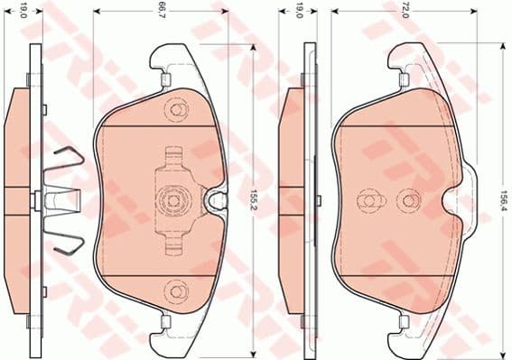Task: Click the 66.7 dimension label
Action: [160, 12]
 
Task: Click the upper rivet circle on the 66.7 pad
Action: [175, 109]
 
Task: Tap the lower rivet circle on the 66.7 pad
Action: [175, 290]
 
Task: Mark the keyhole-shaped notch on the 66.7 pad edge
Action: [217, 199]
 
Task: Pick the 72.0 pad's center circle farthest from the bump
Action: [367, 198]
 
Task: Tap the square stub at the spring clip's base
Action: [35, 199]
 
